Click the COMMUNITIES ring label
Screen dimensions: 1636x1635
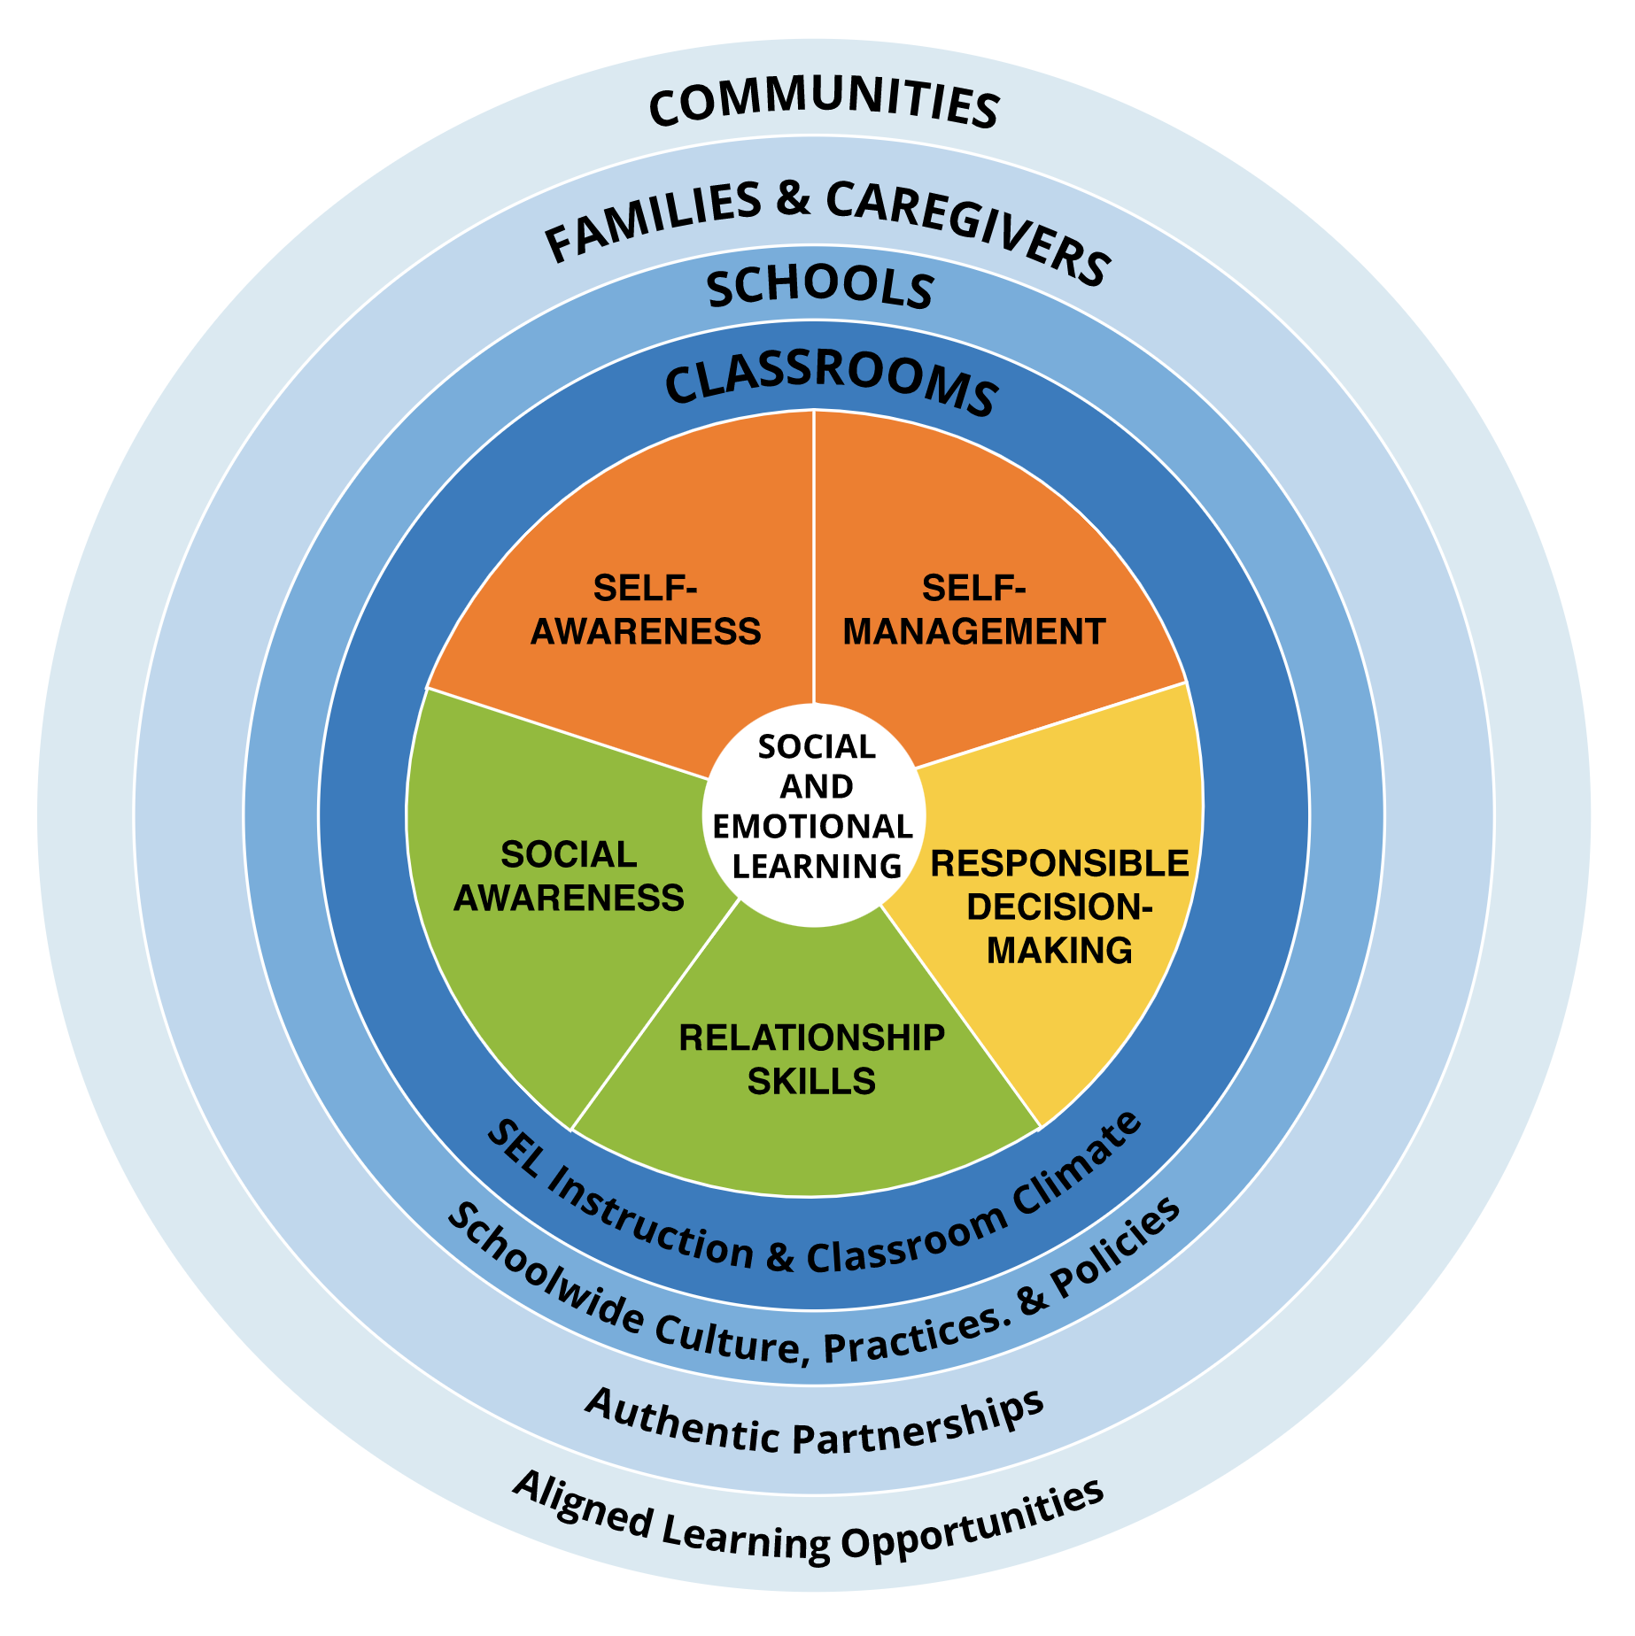pos(824,104)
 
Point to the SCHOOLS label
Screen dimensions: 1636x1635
pos(820,288)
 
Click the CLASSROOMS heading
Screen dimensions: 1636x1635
pos(831,384)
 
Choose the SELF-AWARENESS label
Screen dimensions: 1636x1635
pos(646,610)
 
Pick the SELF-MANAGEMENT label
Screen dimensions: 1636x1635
pos(973,610)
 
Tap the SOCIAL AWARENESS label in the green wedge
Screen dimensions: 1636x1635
pos(569,876)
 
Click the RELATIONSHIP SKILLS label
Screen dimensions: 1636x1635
pos(811,1059)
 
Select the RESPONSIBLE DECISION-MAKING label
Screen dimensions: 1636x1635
pos(1059,906)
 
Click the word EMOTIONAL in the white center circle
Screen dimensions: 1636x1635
pos(813,826)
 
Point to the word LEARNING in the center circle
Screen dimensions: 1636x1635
pos(817,866)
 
